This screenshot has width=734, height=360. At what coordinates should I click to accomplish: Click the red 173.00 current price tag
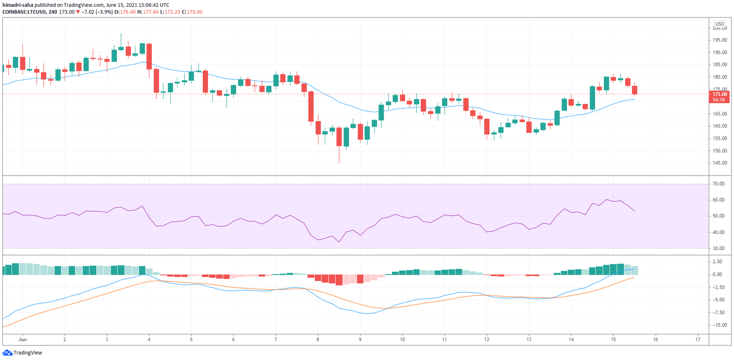point(719,94)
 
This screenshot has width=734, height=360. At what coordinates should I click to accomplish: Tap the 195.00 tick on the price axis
point(720,40)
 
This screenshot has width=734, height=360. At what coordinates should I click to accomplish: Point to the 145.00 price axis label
point(720,163)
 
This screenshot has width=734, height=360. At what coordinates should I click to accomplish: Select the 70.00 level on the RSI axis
point(719,184)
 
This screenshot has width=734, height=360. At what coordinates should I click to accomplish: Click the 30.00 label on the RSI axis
point(719,249)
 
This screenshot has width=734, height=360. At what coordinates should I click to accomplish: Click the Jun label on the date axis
point(22,339)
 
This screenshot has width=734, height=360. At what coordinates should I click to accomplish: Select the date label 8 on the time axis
point(318,339)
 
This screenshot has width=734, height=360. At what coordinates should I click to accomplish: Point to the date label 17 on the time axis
point(698,339)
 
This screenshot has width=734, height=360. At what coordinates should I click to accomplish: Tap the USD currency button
point(720,24)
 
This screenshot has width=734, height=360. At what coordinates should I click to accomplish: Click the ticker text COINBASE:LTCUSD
point(24,12)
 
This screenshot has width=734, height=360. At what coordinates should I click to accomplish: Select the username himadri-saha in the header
point(17,5)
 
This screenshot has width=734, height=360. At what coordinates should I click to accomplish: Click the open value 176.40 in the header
point(128,12)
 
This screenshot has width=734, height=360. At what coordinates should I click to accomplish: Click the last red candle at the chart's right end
point(634,90)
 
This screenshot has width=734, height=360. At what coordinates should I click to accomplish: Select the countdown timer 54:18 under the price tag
point(719,100)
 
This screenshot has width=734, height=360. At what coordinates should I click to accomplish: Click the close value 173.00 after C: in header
point(195,12)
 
